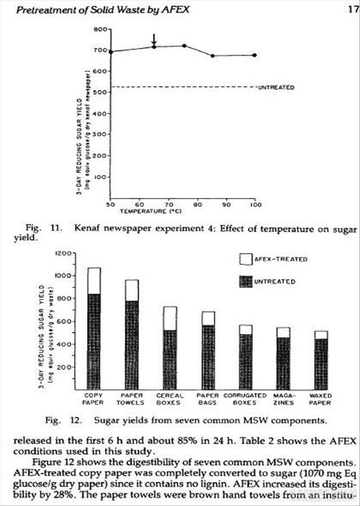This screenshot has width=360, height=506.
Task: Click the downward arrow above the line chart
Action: (x=154, y=40)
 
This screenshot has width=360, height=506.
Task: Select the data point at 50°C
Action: (x=111, y=52)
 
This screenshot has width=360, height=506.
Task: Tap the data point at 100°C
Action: (x=255, y=55)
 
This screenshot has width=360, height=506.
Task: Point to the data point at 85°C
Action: (x=212, y=56)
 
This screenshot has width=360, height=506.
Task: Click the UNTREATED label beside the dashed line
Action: (x=276, y=88)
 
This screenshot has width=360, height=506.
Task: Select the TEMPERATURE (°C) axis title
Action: (x=149, y=211)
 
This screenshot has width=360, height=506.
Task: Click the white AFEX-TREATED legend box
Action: (x=246, y=259)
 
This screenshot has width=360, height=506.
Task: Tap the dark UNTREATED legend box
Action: (x=246, y=281)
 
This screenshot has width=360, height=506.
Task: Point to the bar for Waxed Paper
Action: (x=321, y=360)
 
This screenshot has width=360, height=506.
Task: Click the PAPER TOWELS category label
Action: (x=130, y=399)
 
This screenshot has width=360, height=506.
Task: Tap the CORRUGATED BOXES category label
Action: (x=245, y=399)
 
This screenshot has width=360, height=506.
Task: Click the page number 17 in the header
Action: (x=353, y=10)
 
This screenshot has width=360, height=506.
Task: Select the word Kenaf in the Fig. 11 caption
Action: (x=83, y=229)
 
